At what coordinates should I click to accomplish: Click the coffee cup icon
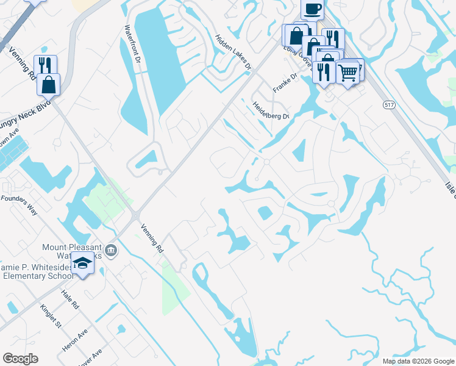pos(312,9)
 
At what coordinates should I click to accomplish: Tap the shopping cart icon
pos(348,72)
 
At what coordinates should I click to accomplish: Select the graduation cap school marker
pos(82,264)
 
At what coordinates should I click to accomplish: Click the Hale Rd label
pos(71,300)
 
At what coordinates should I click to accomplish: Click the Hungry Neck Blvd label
pos(24,115)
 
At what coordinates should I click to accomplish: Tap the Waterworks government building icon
pos(111,250)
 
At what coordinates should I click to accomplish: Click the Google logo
pos(20,359)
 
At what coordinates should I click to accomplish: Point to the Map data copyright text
pos(418,361)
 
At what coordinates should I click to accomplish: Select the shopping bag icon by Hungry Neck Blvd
pos(49,85)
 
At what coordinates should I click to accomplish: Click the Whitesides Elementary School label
pos(37,271)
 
